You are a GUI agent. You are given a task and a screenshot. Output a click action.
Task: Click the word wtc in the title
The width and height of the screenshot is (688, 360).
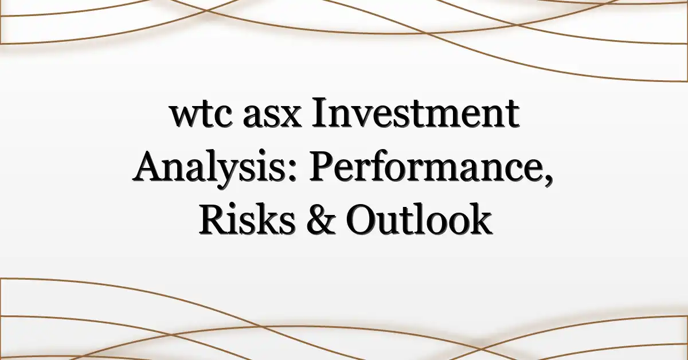tap(201, 116)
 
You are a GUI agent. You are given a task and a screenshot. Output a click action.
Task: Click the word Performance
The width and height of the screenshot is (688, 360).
tap(428, 167)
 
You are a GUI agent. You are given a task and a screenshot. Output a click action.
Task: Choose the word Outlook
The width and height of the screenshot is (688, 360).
tap(419, 220)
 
